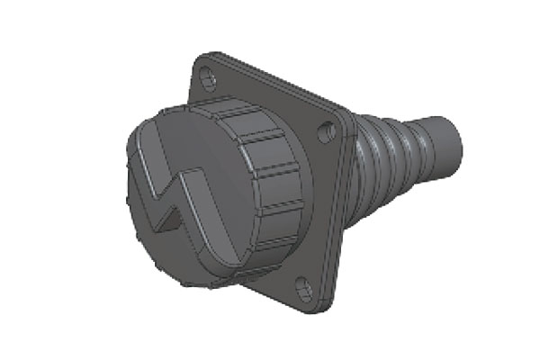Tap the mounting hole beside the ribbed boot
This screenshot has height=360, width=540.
click(328, 132)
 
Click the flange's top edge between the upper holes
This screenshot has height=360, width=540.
click(270, 81)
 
